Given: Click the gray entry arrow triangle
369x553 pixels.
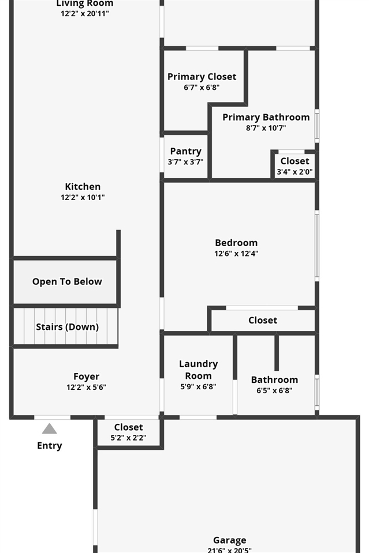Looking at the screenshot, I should (50, 428).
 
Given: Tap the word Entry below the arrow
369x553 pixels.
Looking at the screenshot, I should (50, 445).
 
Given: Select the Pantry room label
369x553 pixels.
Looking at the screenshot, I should (185, 151).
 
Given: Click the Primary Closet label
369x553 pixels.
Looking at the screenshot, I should (202, 77).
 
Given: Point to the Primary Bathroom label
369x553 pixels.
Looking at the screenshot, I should (266, 117).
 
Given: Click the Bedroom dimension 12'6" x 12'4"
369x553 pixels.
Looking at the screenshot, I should (236, 253).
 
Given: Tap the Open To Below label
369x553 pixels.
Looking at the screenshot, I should (67, 281).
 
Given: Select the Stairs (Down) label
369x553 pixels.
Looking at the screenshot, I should (67, 327).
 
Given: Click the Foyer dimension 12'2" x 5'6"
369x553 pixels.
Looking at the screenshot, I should (86, 388).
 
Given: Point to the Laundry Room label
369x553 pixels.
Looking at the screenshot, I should (198, 370).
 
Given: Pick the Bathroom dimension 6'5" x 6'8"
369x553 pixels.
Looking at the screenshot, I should (274, 390).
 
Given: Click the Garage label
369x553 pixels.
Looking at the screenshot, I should (229, 540).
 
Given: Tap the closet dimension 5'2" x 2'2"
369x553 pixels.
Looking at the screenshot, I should (128, 438).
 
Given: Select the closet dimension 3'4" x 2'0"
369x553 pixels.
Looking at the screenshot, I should (295, 171).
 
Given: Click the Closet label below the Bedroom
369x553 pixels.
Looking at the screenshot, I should (263, 320).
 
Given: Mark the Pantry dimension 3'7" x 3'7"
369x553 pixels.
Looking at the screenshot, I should (185, 162).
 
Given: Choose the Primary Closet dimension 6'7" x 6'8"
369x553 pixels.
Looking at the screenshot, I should (202, 88).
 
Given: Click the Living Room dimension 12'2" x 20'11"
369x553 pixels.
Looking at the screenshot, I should (84, 13).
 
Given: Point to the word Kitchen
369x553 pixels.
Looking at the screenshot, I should (83, 186).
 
